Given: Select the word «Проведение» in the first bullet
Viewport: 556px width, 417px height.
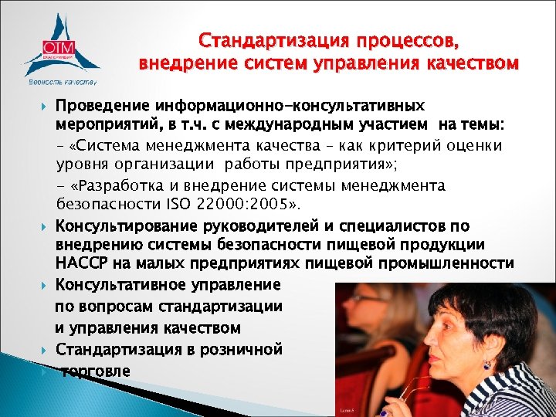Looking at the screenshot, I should coord(102,104).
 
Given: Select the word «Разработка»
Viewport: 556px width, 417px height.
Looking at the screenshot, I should coord(119,185).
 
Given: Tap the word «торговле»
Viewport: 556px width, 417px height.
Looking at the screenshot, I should coord(96,370).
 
